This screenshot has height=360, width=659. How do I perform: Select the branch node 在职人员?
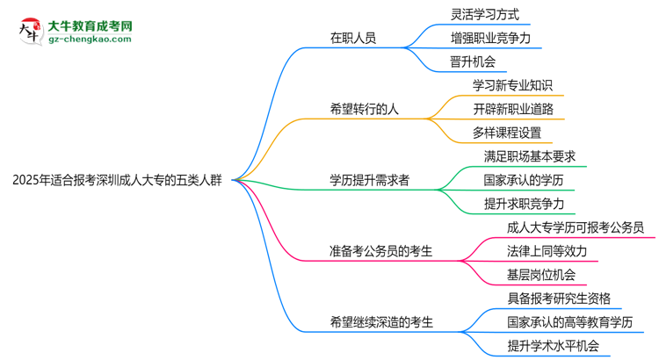pos(354,39)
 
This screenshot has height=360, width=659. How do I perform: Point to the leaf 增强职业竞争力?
pos(490,39)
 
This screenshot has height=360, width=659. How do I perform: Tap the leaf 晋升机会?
pos(473,62)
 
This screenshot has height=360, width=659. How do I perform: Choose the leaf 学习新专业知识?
pos(513,86)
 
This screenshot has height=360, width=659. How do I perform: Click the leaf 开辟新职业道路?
pos(513,110)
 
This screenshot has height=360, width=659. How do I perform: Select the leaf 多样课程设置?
pos(507,133)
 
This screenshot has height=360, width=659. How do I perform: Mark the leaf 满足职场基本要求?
pos(529,156)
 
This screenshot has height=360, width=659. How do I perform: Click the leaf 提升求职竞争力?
pos(524,204)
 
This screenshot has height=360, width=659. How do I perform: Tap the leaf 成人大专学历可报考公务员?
pos(576,227)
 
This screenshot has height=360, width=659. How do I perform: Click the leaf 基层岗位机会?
pos(541,275)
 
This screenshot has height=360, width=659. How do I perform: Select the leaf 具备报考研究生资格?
pos(559,298)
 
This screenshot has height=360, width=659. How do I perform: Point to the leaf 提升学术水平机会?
pos(553,345)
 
